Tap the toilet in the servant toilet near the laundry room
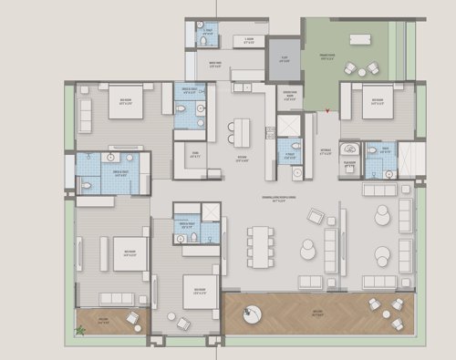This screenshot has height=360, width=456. [202, 40]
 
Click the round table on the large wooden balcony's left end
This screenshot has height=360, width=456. [250, 314]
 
